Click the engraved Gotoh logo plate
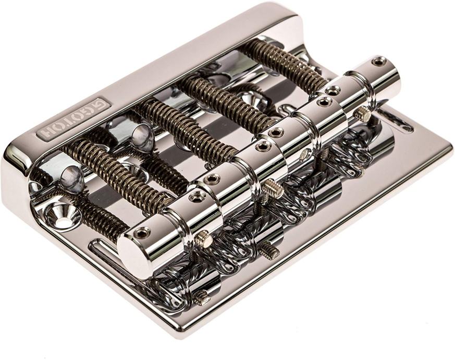point(73,119)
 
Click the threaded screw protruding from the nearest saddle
point(204,239)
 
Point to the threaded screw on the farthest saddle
point(363,113)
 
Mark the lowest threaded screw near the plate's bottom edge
point(201,298)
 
